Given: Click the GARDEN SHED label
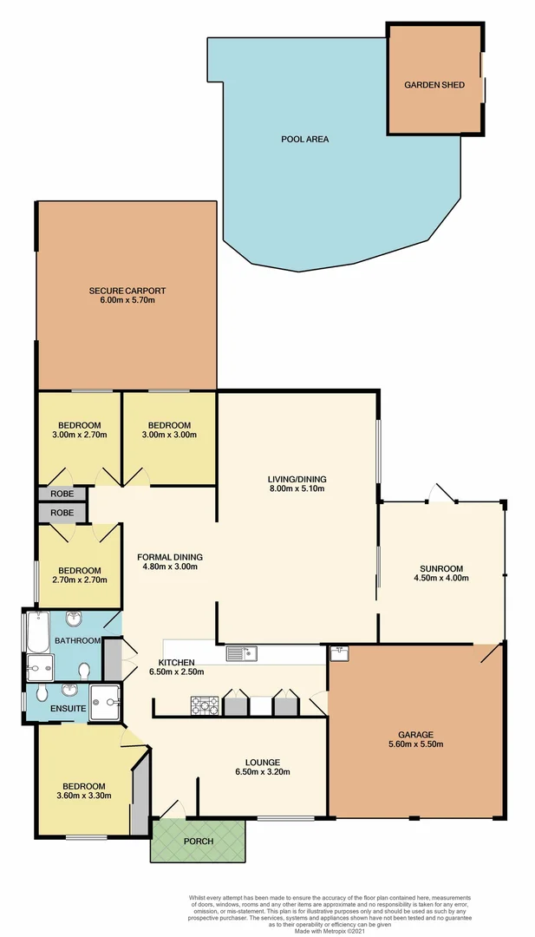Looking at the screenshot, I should coord(434,85).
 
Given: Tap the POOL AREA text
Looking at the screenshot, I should coord(304,139).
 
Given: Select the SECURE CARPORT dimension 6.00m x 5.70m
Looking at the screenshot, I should coord(127,300).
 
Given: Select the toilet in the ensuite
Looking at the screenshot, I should coord(43,692).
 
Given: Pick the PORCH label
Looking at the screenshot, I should coord(199,840).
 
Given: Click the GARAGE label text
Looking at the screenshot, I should coord(416,734).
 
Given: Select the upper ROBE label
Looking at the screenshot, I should coord(61,494).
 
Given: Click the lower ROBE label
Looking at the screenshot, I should coord(61,513).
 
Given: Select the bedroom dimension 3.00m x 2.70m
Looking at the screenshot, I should coord(79,435).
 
